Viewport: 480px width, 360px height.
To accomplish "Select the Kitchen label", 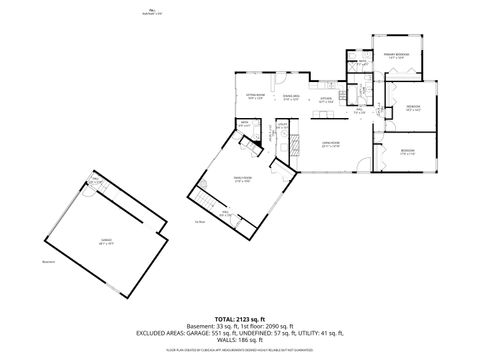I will pyautogui.click(x=326, y=98).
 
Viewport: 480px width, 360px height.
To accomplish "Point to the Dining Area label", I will pyautogui.click(x=291, y=98).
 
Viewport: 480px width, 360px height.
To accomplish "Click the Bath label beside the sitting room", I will pyautogui.click(x=244, y=124).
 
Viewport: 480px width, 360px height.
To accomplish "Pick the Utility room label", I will pyautogui.click(x=283, y=124).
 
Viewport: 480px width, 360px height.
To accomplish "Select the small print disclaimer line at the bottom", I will pyautogui.click(x=239, y=351).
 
